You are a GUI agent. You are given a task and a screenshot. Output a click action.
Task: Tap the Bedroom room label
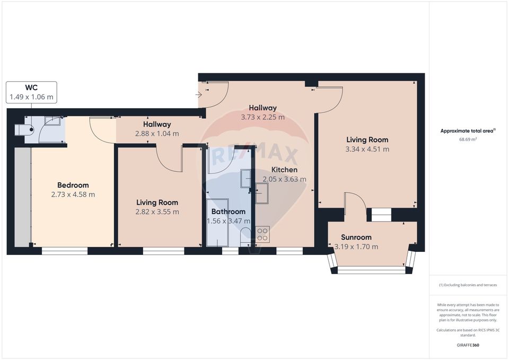tap(73, 185)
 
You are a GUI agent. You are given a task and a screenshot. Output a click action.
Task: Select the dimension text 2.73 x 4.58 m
tap(73, 195)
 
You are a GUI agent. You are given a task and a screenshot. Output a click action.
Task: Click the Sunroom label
tap(356, 237)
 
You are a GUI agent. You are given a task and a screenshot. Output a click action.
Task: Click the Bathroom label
tap(228, 212)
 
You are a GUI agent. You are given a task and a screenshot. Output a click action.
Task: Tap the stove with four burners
tap(262, 234)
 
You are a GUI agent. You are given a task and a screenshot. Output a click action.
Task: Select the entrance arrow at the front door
tap(199, 95)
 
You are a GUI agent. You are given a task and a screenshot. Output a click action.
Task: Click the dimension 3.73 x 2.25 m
tap(262, 117)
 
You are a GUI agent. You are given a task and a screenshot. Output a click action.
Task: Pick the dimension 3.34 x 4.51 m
tap(367, 149)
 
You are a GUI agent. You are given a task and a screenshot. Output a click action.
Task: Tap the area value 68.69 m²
tap(468, 139)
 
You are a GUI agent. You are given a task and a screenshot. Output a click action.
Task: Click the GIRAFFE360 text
tap(467, 345)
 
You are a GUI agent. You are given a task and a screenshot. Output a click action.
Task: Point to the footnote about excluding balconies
tap(468, 285)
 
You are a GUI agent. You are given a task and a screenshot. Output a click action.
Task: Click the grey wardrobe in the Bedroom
tap(22, 197)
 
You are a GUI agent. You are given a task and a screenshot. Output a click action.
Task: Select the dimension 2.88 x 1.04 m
tap(156, 134)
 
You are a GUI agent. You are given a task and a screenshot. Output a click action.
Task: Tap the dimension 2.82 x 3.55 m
tap(157, 212)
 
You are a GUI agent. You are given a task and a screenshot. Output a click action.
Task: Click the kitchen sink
tap(263, 194)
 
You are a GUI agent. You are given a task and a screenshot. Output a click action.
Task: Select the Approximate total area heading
tap(467, 130)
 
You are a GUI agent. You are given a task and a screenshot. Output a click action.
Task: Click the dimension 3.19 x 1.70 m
tap(356, 247)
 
